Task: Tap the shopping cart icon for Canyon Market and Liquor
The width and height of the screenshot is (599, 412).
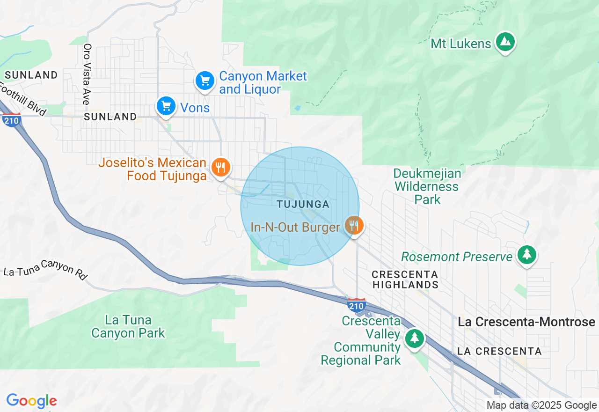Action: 205,81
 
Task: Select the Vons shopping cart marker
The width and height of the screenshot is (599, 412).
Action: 166,106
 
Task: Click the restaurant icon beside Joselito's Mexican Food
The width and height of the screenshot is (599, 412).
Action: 220,167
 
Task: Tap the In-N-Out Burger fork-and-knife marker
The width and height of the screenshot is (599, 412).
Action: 354,226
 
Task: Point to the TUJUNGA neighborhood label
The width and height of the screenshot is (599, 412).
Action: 303,205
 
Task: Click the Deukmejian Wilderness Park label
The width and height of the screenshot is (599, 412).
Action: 427,186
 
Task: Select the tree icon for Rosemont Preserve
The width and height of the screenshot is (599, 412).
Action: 527,255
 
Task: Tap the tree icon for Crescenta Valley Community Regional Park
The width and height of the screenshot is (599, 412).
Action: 414,338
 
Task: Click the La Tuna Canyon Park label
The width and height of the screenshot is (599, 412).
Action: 128,326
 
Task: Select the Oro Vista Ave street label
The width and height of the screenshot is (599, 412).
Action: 87,74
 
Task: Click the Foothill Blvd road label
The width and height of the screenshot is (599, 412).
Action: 23,100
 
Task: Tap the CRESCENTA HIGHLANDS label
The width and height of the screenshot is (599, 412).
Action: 405,279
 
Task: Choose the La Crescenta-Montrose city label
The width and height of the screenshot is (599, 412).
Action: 526,322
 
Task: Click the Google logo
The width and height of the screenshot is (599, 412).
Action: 31,401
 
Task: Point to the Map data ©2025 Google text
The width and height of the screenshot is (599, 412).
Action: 541,405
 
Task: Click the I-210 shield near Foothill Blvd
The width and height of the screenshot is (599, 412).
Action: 11,120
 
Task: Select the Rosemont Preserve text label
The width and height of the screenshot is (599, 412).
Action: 457,257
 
